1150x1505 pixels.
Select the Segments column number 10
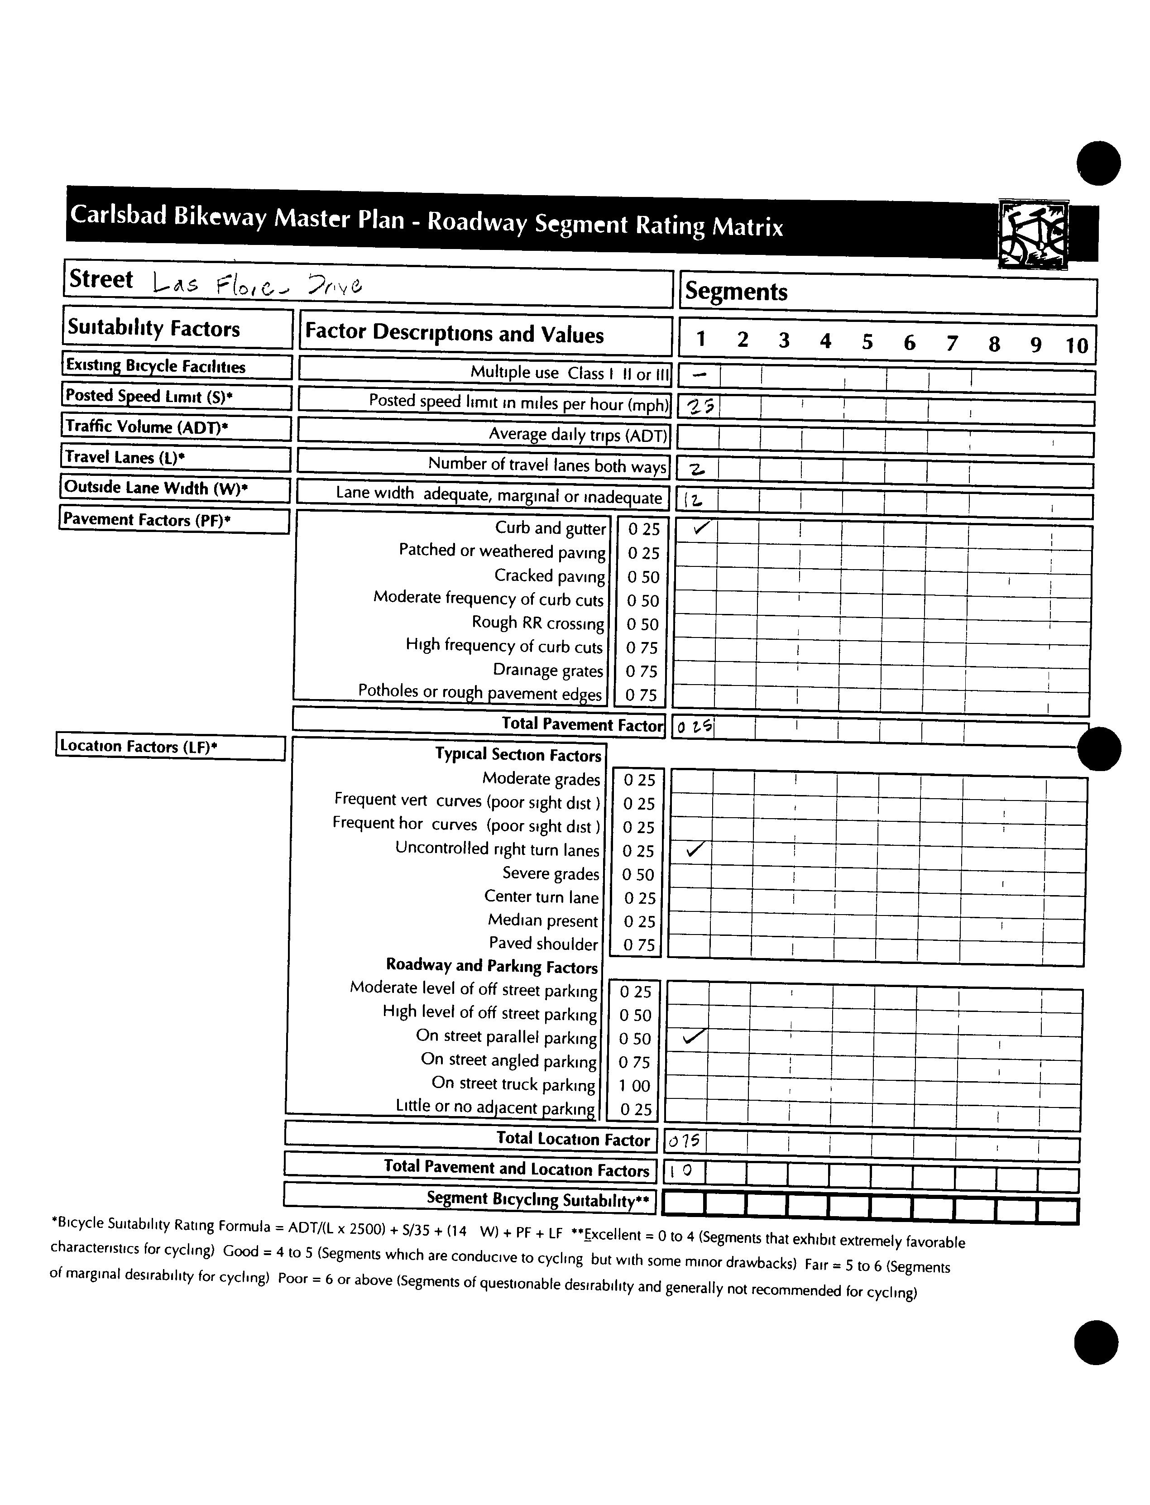click(1076, 345)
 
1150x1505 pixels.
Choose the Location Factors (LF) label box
click(170, 747)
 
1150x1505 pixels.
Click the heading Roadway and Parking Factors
click(492, 966)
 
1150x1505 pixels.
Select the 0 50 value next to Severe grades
click(638, 875)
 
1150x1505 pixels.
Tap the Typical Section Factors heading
click(518, 754)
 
